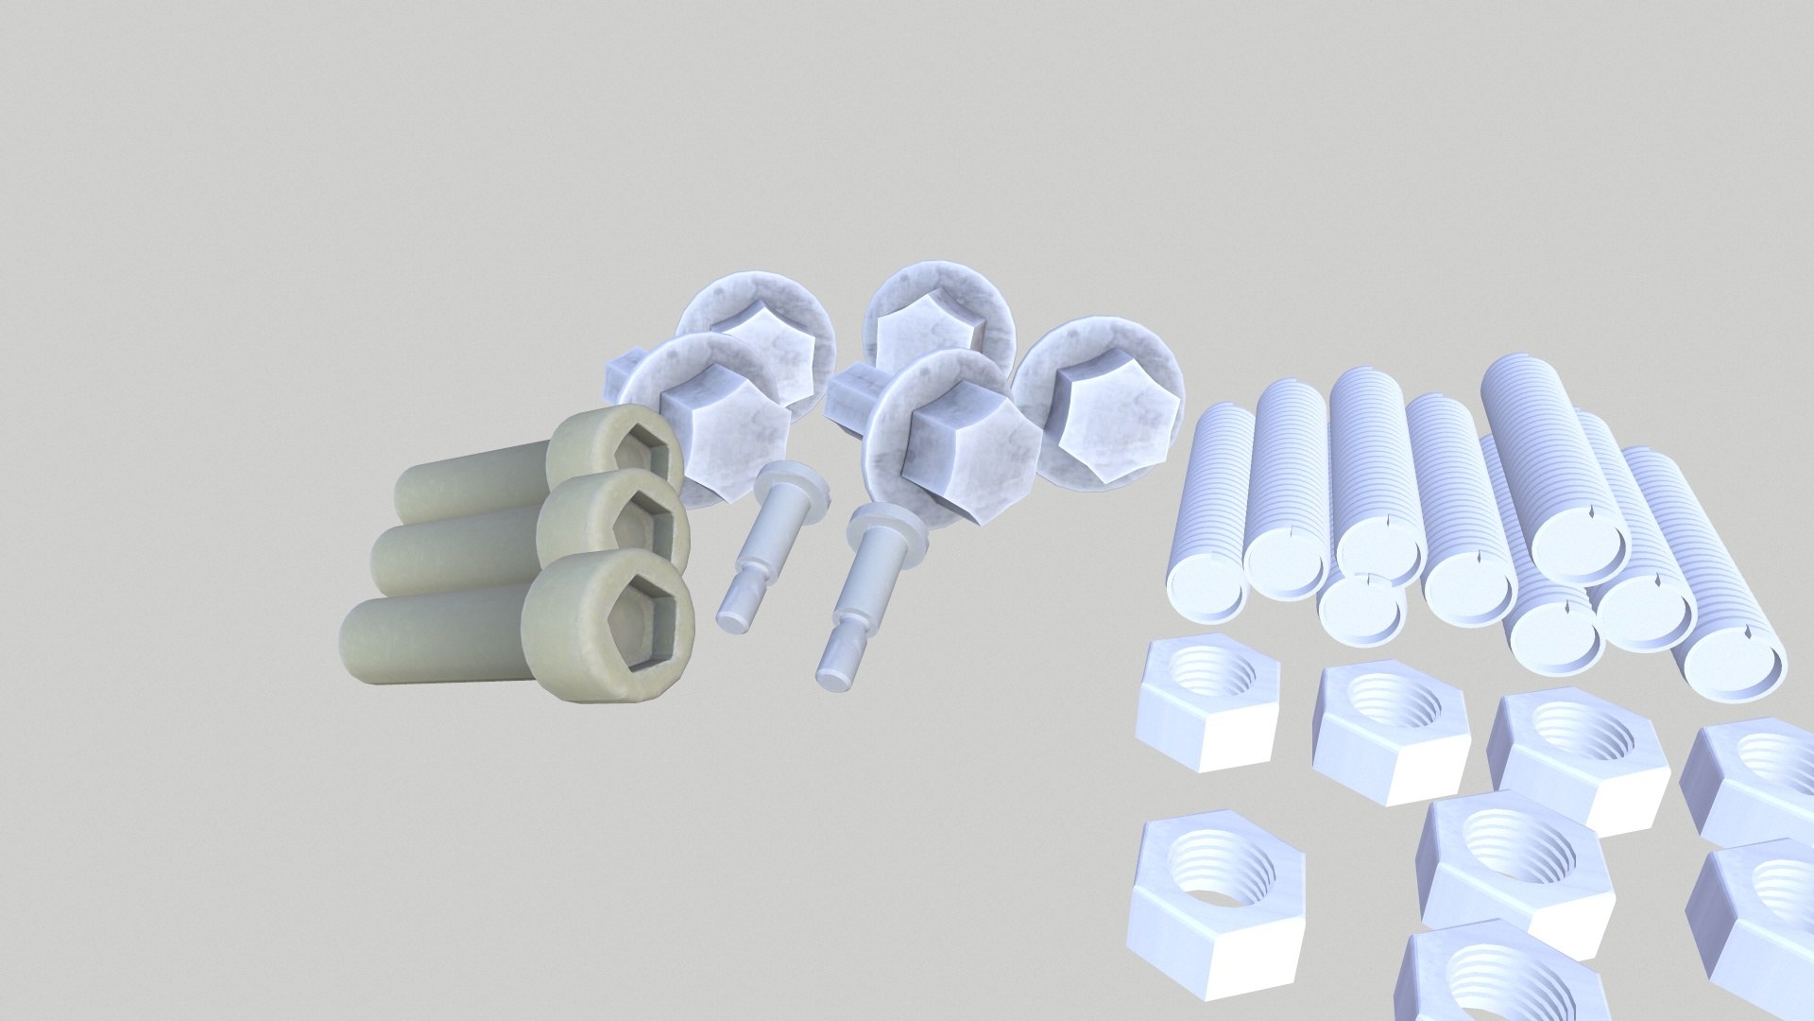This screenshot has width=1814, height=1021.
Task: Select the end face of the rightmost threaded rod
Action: [x=1731, y=662]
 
